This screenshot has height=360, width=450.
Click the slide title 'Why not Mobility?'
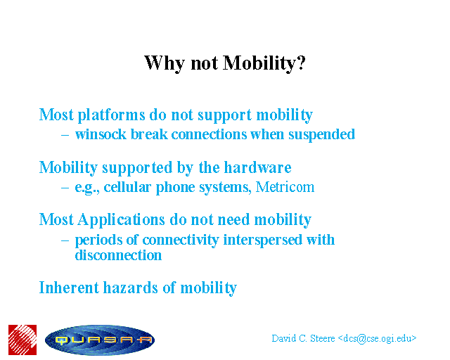225,63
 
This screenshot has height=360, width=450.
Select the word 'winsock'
101,134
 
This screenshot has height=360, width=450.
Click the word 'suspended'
322,134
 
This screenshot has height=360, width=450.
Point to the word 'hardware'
258,167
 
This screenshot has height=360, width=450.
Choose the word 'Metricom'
285,187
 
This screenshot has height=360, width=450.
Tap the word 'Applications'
121,221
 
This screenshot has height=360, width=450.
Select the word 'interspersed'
262,240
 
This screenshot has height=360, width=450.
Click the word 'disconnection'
118,255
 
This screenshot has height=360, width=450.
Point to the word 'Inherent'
69,288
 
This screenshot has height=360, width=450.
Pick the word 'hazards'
131,288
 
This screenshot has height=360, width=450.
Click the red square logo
22,340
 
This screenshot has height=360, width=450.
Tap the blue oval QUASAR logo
100,340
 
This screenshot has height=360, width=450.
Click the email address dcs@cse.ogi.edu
377,339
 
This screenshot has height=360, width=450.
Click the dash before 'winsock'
65,135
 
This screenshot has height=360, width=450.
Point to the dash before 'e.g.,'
65,188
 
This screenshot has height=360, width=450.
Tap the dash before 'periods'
65,240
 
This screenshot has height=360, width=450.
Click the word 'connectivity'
181,240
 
